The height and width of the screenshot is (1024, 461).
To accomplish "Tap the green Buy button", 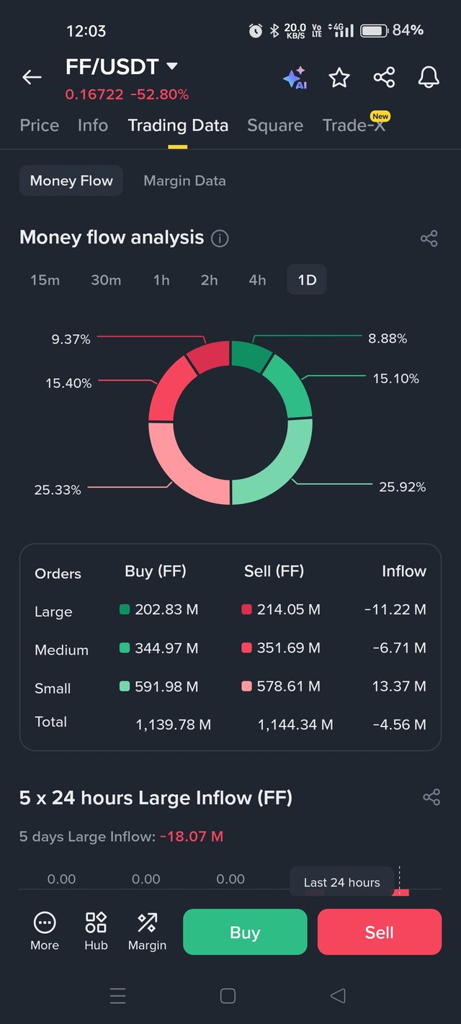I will pyautogui.click(x=245, y=932).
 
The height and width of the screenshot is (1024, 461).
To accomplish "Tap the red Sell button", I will pyautogui.click(x=379, y=932).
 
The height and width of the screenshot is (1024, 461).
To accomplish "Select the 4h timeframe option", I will pyautogui.click(x=257, y=280).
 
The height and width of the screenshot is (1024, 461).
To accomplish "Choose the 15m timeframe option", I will pyautogui.click(x=45, y=280).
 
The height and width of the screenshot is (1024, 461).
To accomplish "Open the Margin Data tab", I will pyautogui.click(x=184, y=181).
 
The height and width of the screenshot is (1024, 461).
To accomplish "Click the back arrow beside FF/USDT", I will pyautogui.click(x=32, y=77).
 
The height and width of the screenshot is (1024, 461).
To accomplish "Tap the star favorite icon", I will pyautogui.click(x=339, y=78).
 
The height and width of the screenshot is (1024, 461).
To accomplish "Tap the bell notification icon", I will pyautogui.click(x=429, y=77).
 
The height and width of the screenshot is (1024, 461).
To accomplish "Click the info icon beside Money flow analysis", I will pyautogui.click(x=220, y=238).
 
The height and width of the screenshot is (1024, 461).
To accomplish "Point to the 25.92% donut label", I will pyautogui.click(x=402, y=488).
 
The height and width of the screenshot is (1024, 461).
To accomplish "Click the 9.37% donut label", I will pyautogui.click(x=71, y=339).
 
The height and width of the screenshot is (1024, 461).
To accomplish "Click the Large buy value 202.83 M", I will pyautogui.click(x=166, y=610).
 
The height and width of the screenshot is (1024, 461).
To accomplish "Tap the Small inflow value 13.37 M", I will pyautogui.click(x=398, y=687).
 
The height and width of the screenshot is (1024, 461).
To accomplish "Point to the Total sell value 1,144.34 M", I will pyautogui.click(x=295, y=725).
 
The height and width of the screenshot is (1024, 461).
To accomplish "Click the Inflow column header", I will pyautogui.click(x=403, y=572).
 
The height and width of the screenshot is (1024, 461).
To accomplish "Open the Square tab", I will pyautogui.click(x=274, y=125).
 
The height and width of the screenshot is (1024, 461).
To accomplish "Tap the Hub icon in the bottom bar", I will pyautogui.click(x=96, y=931).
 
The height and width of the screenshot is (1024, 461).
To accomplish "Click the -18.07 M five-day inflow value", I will pyautogui.click(x=192, y=837).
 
